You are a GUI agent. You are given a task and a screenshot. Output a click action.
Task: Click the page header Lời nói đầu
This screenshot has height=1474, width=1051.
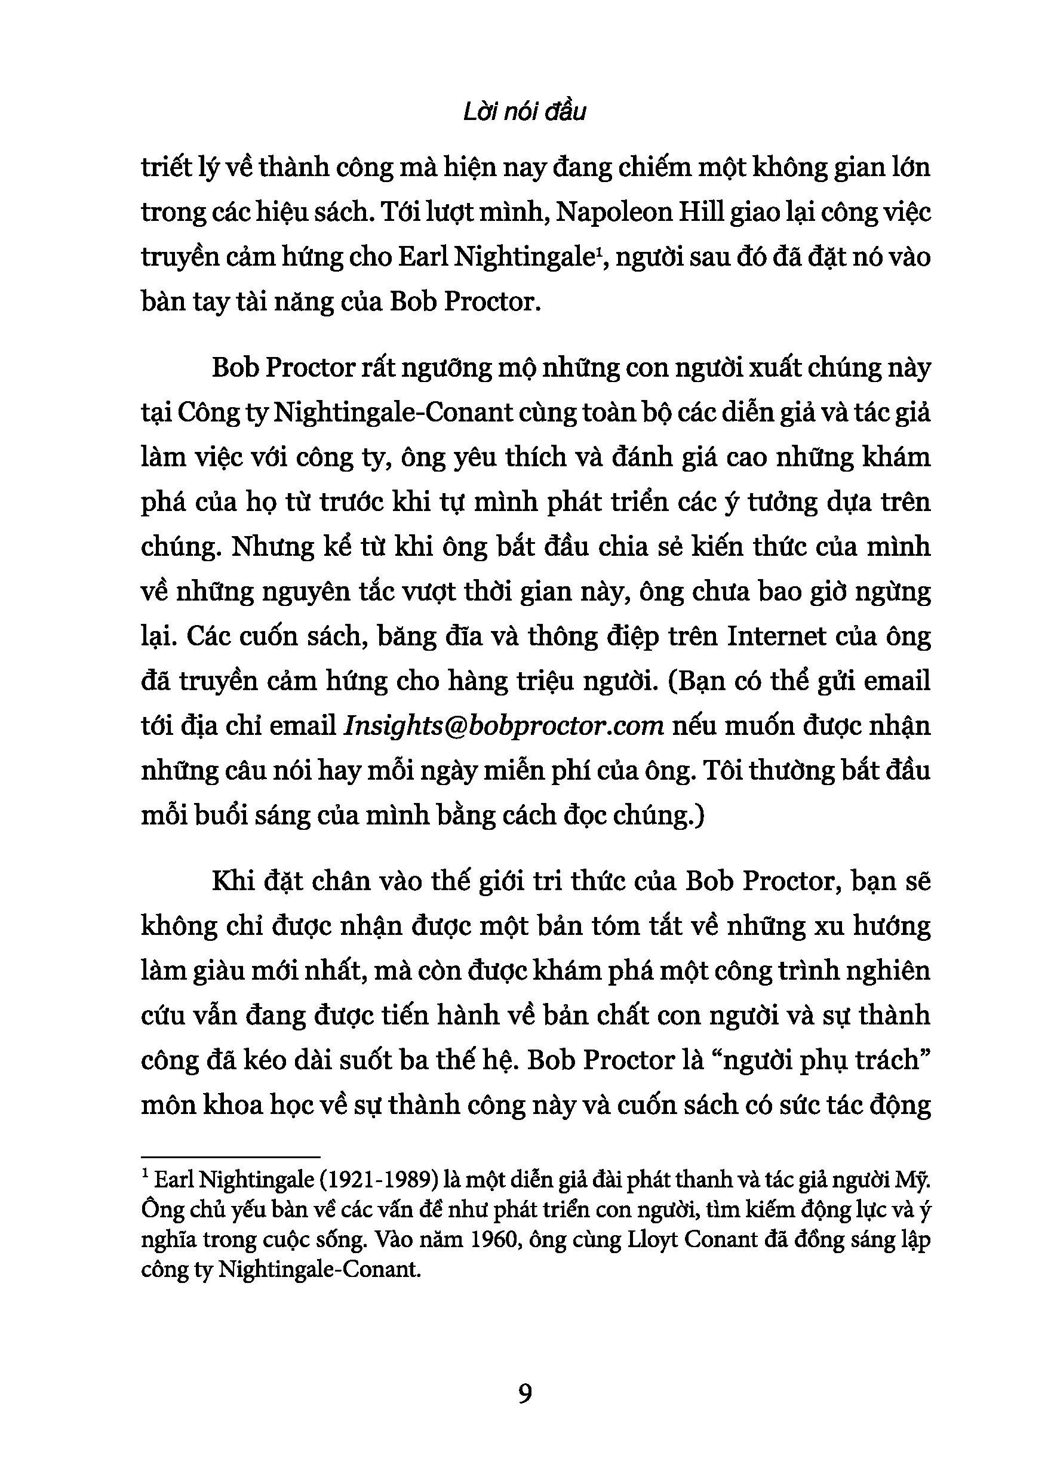click(x=525, y=112)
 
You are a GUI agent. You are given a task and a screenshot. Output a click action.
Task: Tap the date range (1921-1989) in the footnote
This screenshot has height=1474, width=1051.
click(x=370, y=1180)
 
